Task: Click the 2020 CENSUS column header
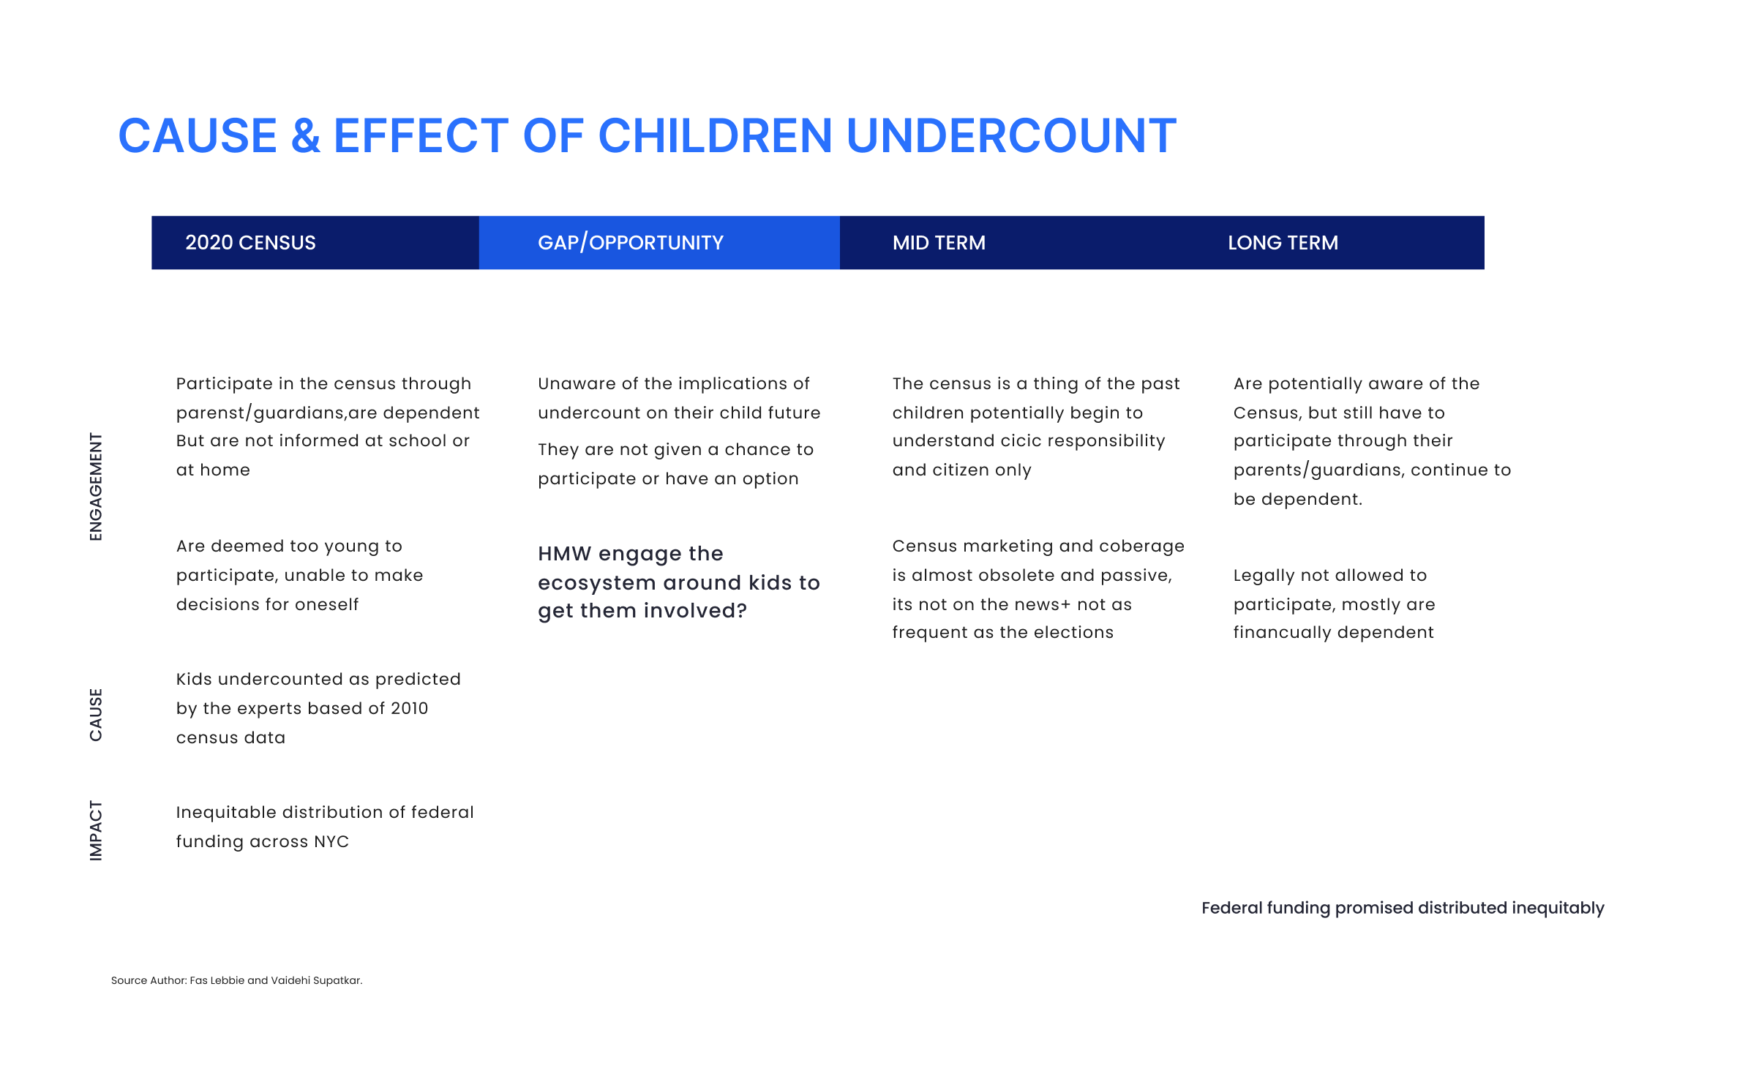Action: pyautogui.click(x=250, y=243)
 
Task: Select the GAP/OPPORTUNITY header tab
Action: pyautogui.click(x=631, y=243)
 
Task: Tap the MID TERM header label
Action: pyautogui.click(x=939, y=243)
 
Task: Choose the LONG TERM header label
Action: pyautogui.click(x=1283, y=243)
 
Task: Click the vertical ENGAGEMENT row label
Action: pyautogui.click(x=96, y=486)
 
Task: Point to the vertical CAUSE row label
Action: pyautogui.click(x=96, y=715)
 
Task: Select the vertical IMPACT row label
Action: pyautogui.click(x=96, y=830)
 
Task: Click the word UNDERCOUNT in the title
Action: pyautogui.click(x=1011, y=136)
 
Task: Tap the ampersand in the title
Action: pyautogui.click(x=306, y=136)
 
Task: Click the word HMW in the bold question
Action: pyautogui.click(x=565, y=554)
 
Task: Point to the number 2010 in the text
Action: pyautogui.click(x=409, y=708)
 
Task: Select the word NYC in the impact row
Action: pyautogui.click(x=331, y=841)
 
